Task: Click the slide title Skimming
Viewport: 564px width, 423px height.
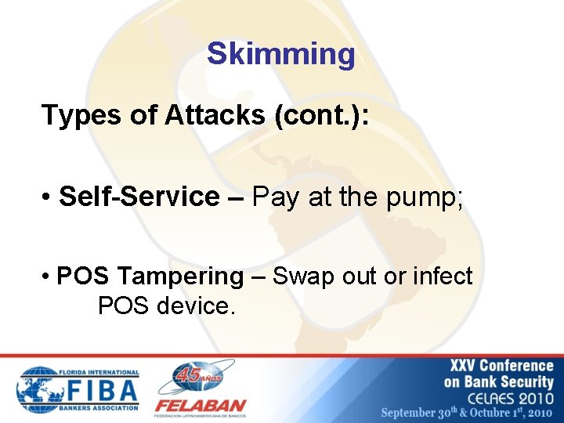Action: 281,55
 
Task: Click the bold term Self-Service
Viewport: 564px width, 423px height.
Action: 139,197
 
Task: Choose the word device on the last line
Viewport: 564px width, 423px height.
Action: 195,305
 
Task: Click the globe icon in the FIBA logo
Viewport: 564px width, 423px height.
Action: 38,389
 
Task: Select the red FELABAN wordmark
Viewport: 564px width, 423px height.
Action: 200,406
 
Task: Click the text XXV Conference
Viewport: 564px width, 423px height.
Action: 501,366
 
